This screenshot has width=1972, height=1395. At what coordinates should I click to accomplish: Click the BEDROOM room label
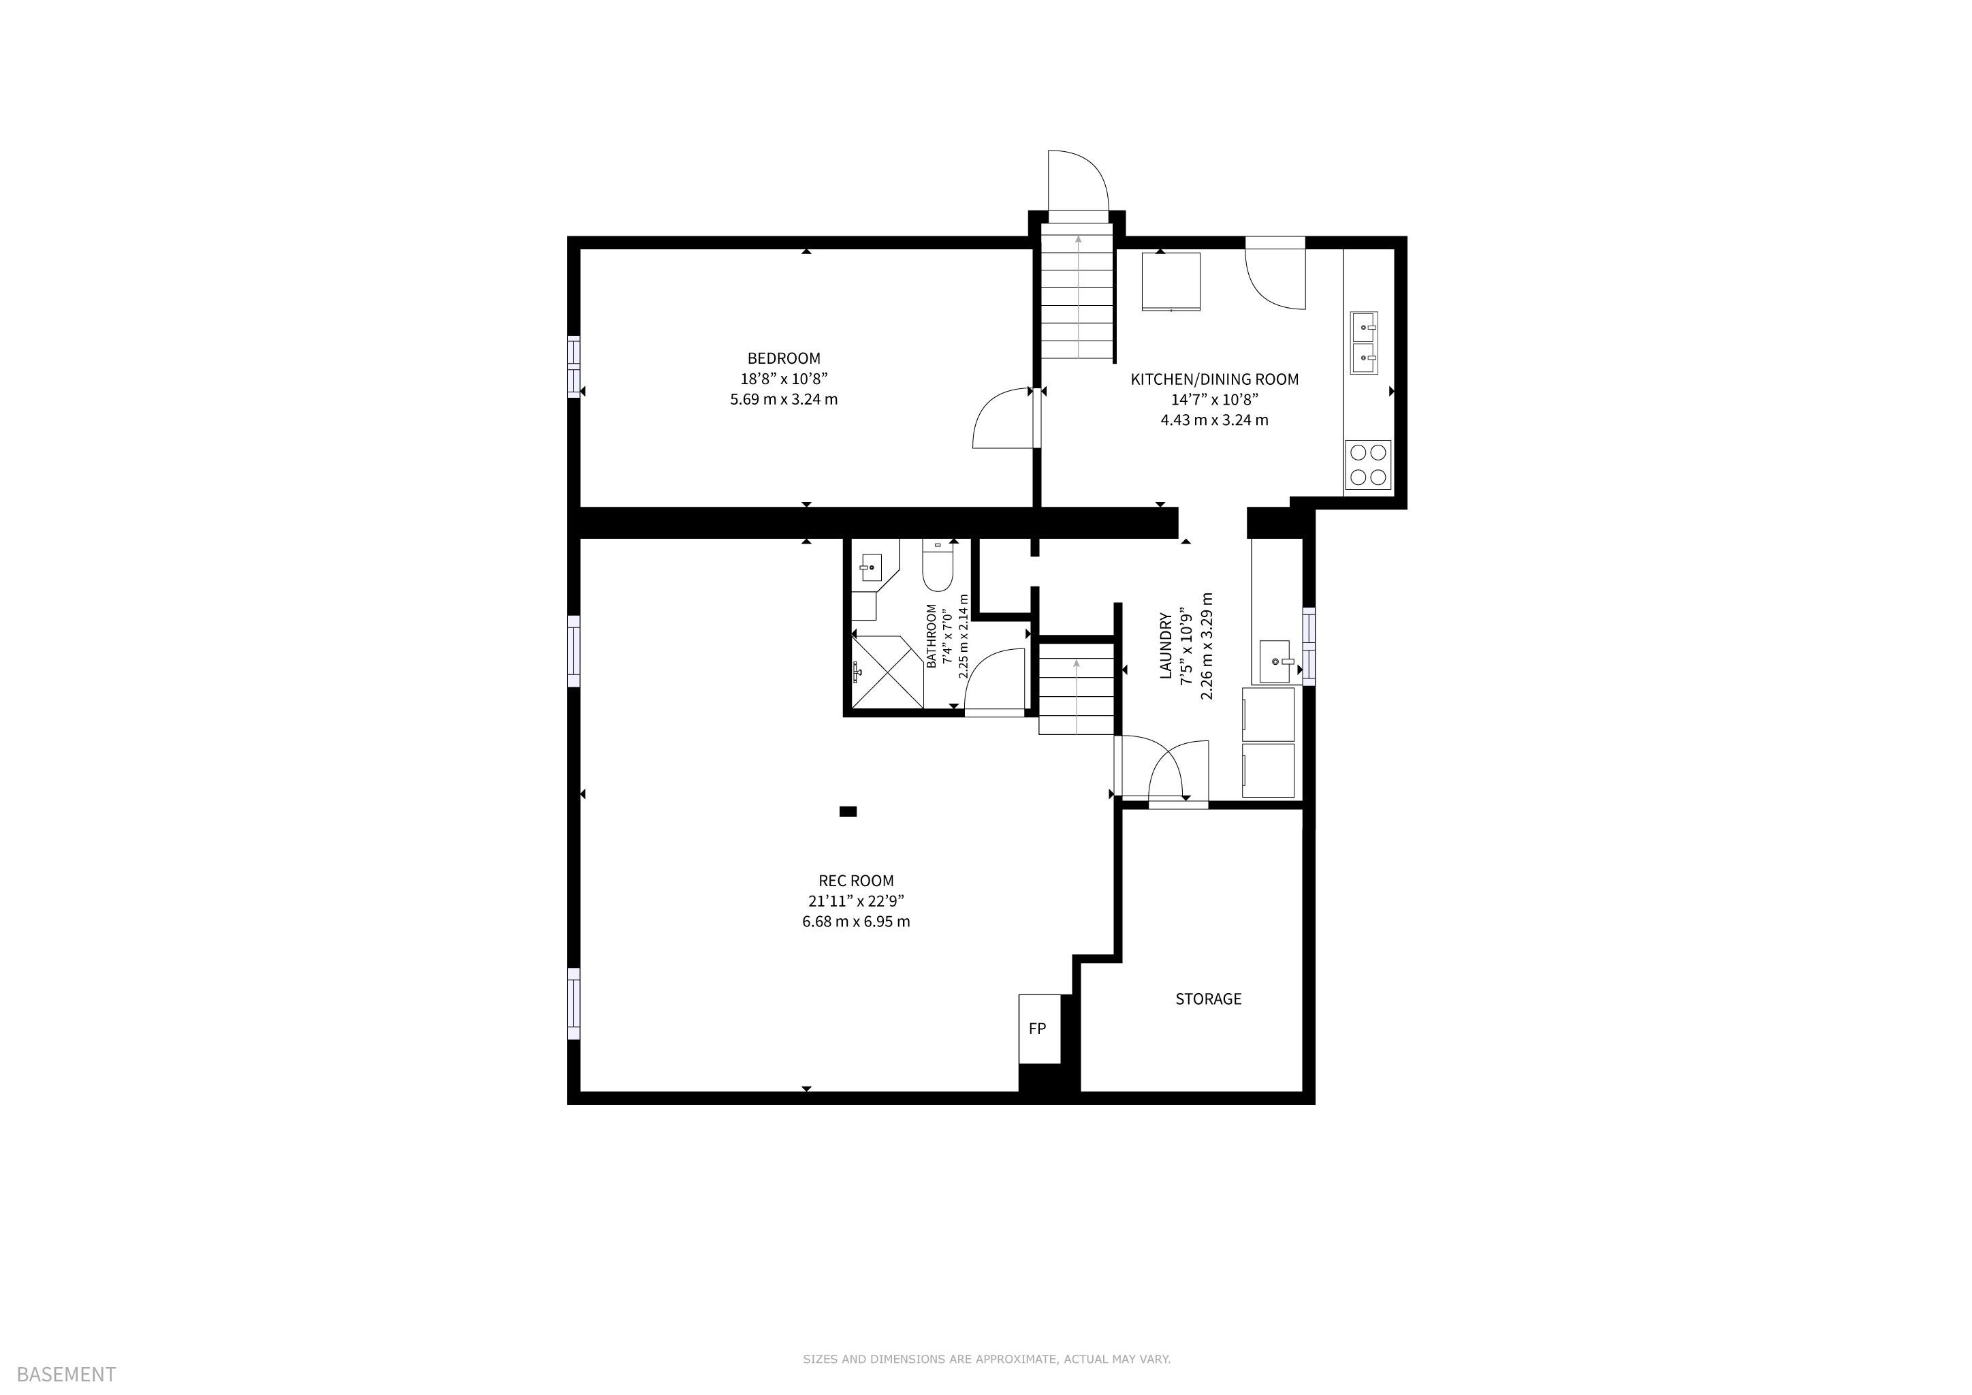(783, 358)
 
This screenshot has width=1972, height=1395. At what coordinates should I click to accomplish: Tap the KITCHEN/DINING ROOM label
(1215, 379)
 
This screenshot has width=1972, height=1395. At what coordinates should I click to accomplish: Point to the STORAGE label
(1209, 999)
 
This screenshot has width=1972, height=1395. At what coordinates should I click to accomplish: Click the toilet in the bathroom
(937, 565)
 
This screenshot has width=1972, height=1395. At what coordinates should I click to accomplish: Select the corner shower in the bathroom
(887, 672)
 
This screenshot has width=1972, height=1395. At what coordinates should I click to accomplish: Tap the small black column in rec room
(848, 811)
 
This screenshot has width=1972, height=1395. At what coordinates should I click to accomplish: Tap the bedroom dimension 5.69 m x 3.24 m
(783, 399)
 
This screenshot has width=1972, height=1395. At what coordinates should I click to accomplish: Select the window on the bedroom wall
(574, 366)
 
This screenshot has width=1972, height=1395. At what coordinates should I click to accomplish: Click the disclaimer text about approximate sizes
(986, 1359)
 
